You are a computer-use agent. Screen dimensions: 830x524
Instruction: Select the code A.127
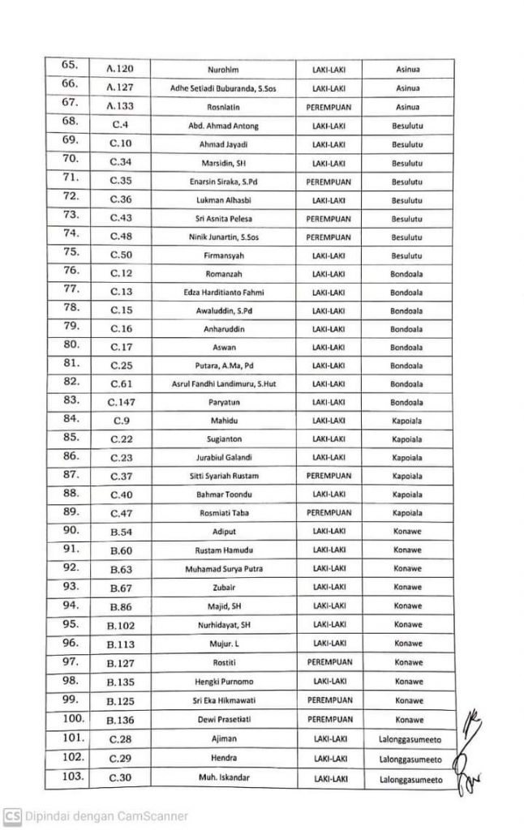[x=125, y=87]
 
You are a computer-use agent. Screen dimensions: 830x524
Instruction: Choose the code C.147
[x=125, y=400]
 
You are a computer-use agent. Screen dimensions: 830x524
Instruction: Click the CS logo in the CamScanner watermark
[x=12, y=815]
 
